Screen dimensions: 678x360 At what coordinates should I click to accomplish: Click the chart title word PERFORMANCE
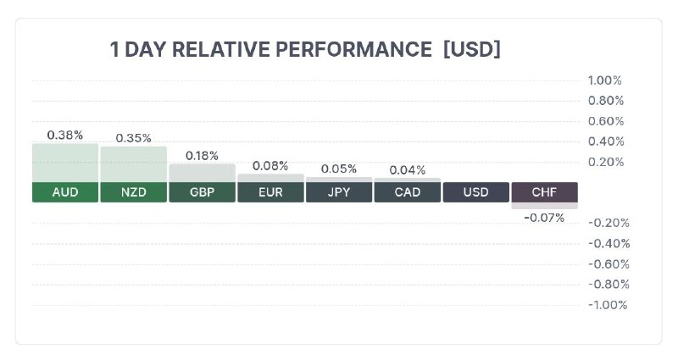353,49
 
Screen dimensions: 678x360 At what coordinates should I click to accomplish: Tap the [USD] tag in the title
472,49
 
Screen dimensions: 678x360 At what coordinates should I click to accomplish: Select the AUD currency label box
65,192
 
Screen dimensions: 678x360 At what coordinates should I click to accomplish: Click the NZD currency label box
134,192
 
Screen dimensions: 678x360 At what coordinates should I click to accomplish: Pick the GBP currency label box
202,192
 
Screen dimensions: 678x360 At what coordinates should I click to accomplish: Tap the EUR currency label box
270,192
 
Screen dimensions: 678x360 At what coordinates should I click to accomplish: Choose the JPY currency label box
339,192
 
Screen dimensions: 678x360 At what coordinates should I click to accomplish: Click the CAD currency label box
408,192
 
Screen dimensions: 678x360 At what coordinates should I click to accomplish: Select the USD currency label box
476,192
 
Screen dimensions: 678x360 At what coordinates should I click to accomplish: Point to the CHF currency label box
544,192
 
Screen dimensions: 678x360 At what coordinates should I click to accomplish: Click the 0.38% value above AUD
65,136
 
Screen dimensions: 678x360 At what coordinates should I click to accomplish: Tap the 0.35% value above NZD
134,138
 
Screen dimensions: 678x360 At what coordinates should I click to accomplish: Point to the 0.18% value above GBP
202,156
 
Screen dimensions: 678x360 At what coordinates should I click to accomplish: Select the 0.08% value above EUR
270,166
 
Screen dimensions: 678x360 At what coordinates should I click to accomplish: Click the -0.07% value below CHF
544,218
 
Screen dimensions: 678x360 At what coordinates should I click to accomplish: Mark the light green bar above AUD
65,163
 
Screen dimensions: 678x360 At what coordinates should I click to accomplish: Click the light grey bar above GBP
202,173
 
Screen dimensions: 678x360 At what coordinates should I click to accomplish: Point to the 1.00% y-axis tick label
604,80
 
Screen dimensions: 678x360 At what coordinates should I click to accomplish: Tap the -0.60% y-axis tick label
609,264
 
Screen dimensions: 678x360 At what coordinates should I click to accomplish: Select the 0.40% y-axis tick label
606,141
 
